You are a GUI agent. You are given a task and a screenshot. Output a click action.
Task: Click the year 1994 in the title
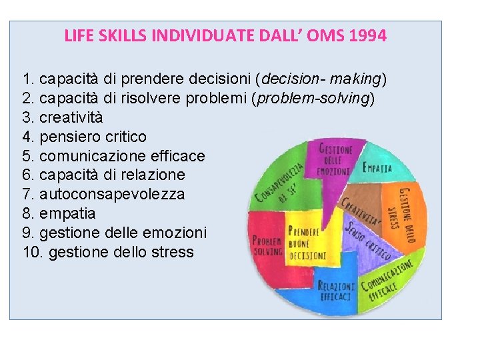coord(367,36)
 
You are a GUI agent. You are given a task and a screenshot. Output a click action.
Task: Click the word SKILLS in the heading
coord(125,36)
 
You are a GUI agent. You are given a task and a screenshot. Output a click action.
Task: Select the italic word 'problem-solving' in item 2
coord(313,99)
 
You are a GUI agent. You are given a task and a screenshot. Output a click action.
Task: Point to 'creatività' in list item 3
coord(71,118)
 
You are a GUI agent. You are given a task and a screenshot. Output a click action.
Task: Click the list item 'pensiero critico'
coord(93,137)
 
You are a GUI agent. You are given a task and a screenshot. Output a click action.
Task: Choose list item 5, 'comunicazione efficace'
coord(122,156)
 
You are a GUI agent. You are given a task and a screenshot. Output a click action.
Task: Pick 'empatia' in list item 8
coord(67,214)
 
